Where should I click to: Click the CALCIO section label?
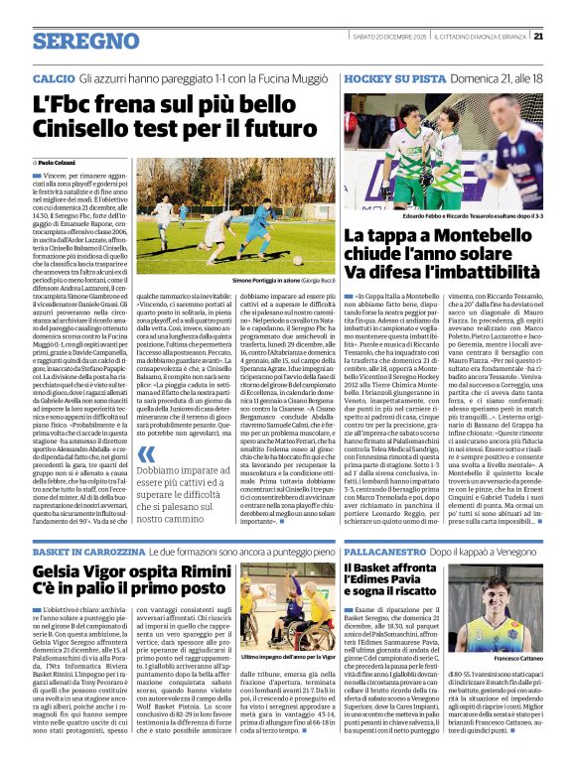pyautogui.click(x=53, y=76)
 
